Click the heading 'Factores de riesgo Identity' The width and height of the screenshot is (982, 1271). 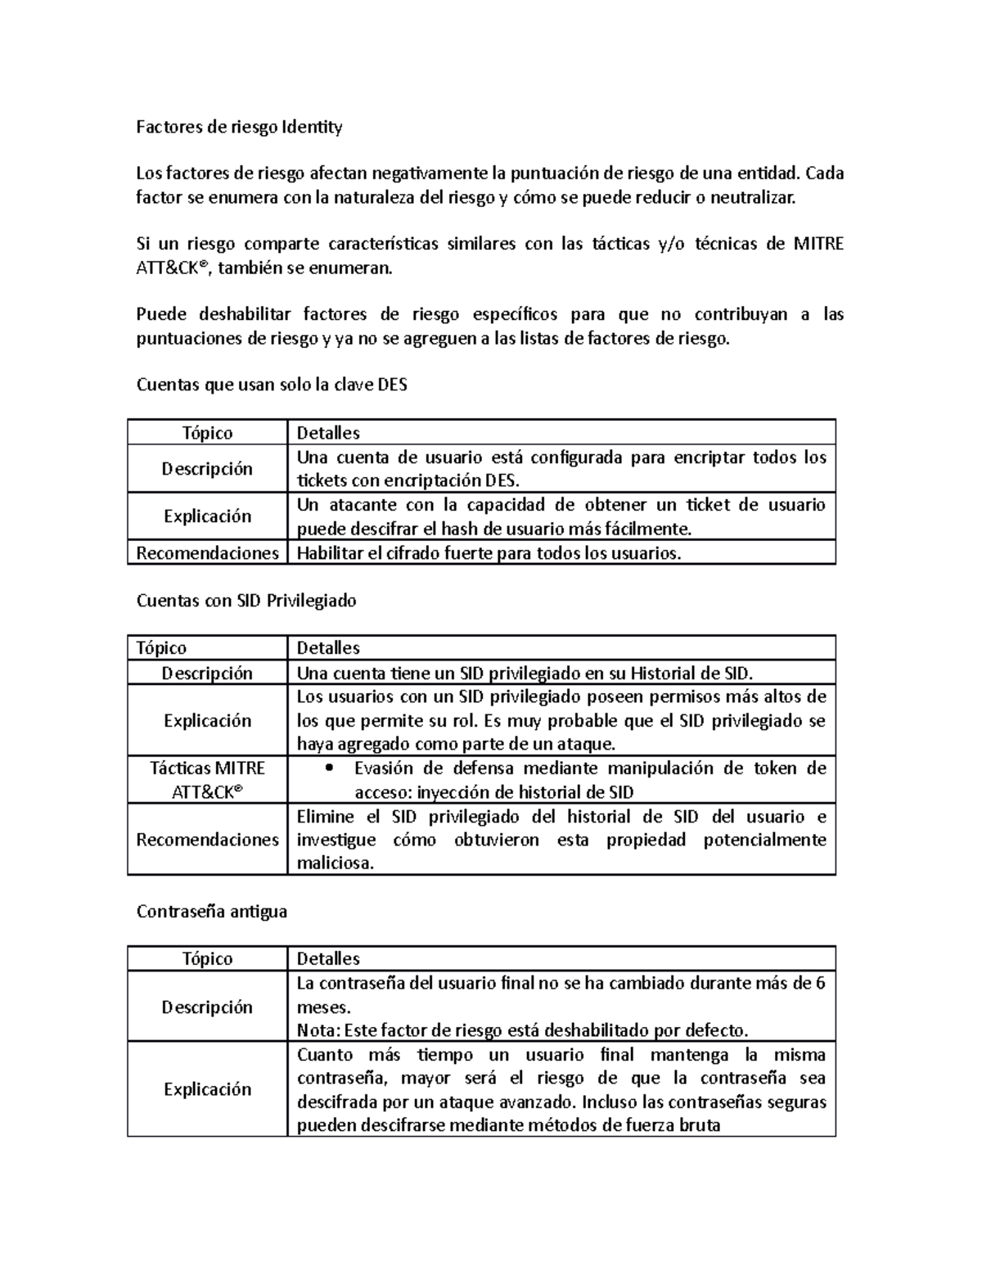(x=239, y=127)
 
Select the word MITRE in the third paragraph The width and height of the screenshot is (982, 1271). (x=818, y=244)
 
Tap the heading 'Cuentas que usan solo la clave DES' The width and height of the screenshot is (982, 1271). (x=271, y=385)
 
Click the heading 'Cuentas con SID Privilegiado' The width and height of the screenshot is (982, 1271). (x=245, y=601)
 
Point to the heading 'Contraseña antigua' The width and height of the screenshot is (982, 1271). (x=211, y=911)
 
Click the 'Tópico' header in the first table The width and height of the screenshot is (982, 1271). (x=207, y=432)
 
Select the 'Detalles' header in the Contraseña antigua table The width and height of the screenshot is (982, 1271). (x=327, y=958)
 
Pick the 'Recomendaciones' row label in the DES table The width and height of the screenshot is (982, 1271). (x=207, y=553)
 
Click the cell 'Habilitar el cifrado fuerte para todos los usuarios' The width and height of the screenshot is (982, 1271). (x=488, y=553)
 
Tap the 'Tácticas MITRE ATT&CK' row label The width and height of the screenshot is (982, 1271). (x=207, y=780)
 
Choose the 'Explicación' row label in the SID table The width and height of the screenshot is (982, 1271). (x=207, y=720)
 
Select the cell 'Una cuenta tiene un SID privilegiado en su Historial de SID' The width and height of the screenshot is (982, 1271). (x=524, y=673)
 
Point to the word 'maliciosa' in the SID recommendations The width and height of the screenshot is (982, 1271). (x=335, y=863)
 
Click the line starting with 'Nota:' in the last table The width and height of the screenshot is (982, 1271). (x=522, y=1030)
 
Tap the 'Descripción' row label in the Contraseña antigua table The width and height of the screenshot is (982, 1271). (x=207, y=1007)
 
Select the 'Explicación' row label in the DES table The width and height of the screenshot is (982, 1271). (x=207, y=516)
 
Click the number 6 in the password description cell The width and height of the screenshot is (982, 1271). (x=820, y=983)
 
